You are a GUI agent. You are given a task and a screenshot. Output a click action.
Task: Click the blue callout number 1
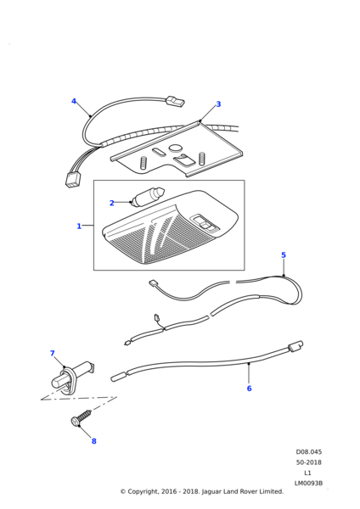pyautogui.click(x=79, y=226)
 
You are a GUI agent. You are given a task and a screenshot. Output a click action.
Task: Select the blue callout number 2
pyautogui.click(x=112, y=203)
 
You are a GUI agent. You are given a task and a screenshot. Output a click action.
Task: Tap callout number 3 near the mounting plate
pyautogui.click(x=218, y=104)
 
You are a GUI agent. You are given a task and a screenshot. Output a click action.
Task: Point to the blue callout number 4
pyautogui.click(x=74, y=101)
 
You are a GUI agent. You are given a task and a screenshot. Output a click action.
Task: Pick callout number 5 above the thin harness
pyautogui.click(x=284, y=255)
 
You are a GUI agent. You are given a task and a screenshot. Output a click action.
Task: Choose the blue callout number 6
pyautogui.click(x=250, y=389)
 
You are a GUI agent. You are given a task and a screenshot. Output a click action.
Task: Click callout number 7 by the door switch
pyautogui.click(x=53, y=353)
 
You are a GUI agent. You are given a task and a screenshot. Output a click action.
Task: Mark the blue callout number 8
pyautogui.click(x=94, y=441)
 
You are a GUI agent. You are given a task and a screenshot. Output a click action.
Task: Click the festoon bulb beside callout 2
pyautogui.click(x=148, y=196)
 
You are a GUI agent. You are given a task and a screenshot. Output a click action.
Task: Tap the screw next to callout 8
pyautogui.click(x=81, y=418)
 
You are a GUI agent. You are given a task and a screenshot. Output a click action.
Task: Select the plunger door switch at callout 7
pyautogui.click(x=72, y=376)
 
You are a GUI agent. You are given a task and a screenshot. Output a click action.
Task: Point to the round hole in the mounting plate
pyautogui.click(x=176, y=148)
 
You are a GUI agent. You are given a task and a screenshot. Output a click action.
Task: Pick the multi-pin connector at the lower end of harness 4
pyautogui.click(x=71, y=180)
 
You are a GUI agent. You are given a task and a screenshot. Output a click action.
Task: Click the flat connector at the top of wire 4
pyautogui.click(x=175, y=101)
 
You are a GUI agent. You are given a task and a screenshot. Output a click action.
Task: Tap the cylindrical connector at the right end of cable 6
pyautogui.click(x=295, y=346)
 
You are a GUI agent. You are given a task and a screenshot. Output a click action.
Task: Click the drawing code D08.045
pyautogui.click(x=309, y=452)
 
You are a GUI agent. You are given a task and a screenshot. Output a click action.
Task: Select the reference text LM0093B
pyautogui.click(x=308, y=484)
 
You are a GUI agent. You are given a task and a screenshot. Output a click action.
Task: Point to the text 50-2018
pyautogui.click(x=309, y=462)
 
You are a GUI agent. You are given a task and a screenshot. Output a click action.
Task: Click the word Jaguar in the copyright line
pyautogui.click(x=212, y=492)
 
